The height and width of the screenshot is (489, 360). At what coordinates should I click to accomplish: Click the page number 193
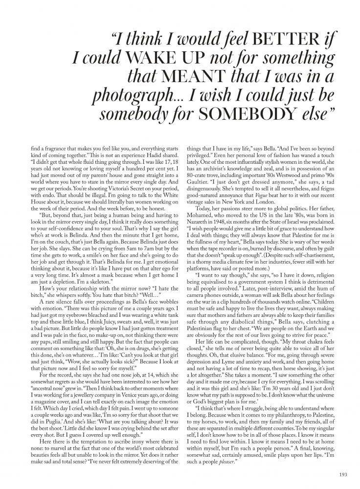coord(342,473)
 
